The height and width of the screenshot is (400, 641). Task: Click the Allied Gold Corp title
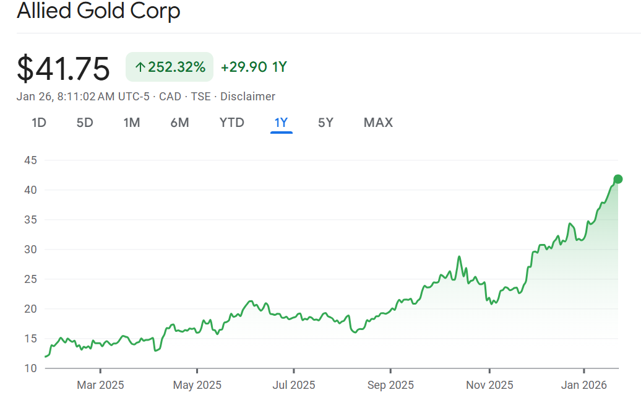tap(98, 11)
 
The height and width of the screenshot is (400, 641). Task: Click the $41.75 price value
tap(63, 68)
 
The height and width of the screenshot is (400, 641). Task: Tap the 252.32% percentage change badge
tap(170, 67)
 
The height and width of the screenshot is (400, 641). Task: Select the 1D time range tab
tap(39, 123)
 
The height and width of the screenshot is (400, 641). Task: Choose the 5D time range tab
tap(85, 123)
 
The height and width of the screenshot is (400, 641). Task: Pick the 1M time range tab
tap(132, 123)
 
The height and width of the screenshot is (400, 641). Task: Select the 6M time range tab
tap(179, 123)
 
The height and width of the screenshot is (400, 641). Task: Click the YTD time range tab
tap(231, 123)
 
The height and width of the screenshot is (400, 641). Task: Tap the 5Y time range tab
tap(325, 123)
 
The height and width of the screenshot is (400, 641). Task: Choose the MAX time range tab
tap(378, 123)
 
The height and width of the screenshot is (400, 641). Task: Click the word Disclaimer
tap(247, 97)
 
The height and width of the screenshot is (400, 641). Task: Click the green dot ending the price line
tap(617, 180)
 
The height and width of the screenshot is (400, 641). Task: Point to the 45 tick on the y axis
tap(30, 160)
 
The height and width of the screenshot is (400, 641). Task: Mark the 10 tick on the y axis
tap(30, 368)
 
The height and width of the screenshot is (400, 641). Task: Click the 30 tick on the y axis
tap(30, 250)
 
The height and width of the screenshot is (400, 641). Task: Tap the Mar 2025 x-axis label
tap(100, 385)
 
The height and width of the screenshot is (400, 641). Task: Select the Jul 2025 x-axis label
tap(294, 385)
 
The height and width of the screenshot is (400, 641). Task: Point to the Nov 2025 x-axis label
tap(489, 385)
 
